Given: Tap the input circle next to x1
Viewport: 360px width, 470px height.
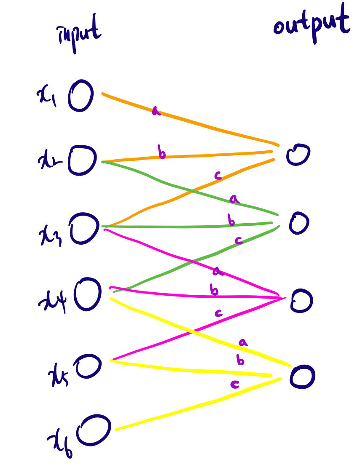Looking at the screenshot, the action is pyautogui.click(x=81, y=96).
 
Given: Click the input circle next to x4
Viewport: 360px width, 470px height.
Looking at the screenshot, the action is pyautogui.click(x=88, y=294).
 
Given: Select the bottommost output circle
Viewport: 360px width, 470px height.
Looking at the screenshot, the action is pyautogui.click(x=302, y=376).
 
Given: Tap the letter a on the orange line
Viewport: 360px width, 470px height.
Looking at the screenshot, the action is pyautogui.click(x=156, y=111).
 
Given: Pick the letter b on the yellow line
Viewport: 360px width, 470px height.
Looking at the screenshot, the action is pyautogui.click(x=240, y=361).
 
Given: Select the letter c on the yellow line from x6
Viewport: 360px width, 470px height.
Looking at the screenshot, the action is pyautogui.click(x=235, y=384).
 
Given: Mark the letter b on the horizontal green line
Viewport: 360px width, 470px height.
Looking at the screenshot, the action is pyautogui.click(x=231, y=220).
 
